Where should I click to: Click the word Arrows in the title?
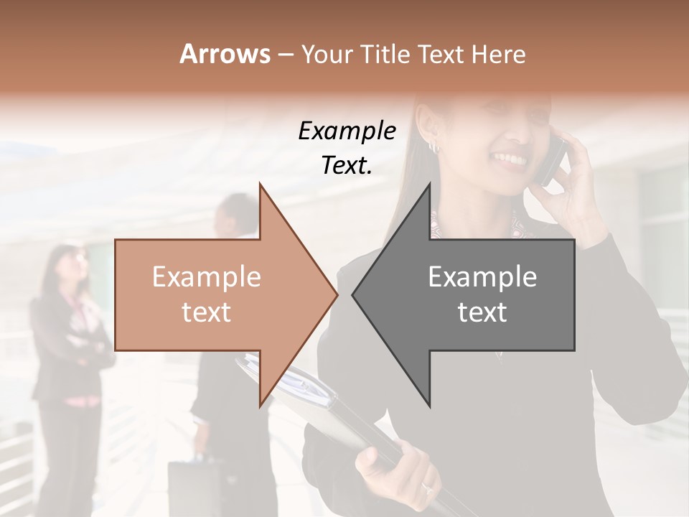click(x=224, y=54)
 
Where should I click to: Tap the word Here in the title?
click(x=498, y=54)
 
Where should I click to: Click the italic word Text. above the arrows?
click(x=347, y=165)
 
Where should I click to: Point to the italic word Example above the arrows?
click(x=347, y=131)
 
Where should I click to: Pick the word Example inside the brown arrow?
click(x=207, y=276)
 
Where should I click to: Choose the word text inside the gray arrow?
click(x=482, y=312)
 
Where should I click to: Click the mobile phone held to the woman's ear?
click(x=553, y=162)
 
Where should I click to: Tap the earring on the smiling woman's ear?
click(x=433, y=146)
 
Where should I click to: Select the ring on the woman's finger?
click(x=428, y=488)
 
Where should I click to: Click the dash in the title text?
click(x=285, y=55)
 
